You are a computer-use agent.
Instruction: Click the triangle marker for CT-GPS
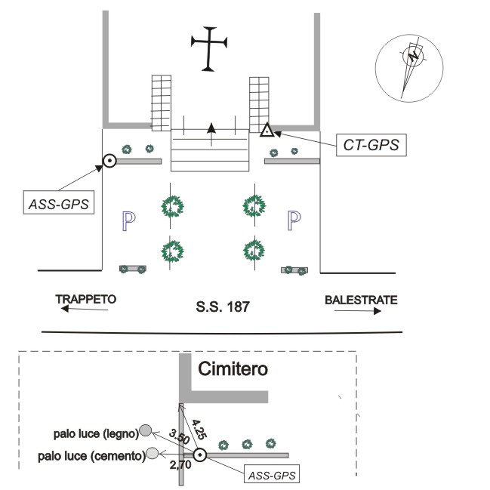pyautogui.click(x=267, y=132)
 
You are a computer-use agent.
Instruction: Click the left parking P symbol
pyautogui.click(x=129, y=220)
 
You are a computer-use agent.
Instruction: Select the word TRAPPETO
pyautogui.click(x=86, y=300)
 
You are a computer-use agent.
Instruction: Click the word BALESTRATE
pyautogui.click(x=361, y=300)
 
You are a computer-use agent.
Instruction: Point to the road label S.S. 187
pyautogui.click(x=221, y=307)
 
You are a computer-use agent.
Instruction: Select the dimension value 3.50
pyautogui.click(x=179, y=437)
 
